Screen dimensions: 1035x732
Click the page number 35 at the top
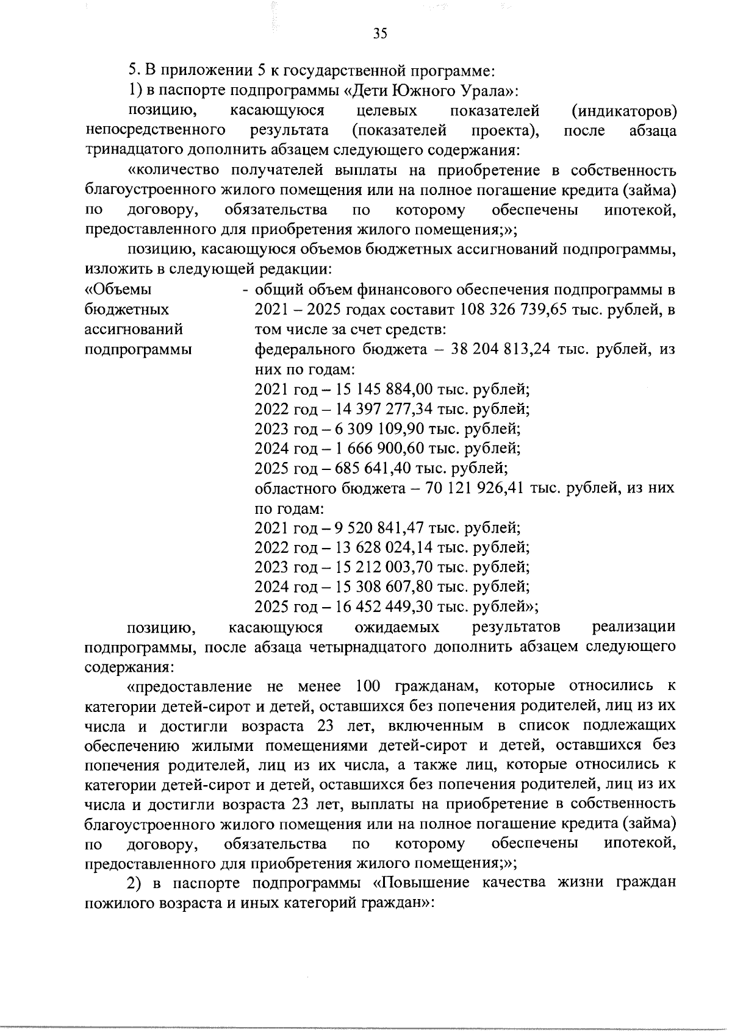pos(379,34)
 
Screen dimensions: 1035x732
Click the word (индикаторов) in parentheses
pos(623,112)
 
